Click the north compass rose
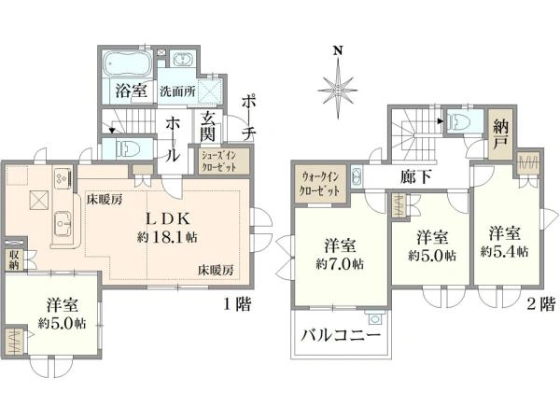(x=339, y=88)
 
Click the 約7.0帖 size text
(x=339, y=264)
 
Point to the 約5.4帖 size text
(x=505, y=252)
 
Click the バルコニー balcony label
(x=341, y=338)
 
